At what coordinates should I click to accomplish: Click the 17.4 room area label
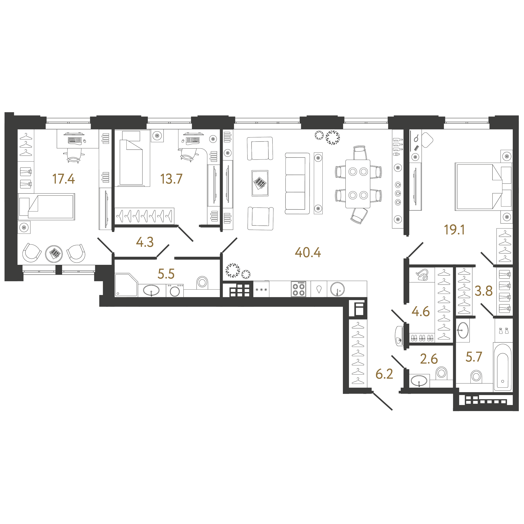click(63, 179)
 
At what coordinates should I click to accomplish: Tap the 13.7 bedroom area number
click(171, 179)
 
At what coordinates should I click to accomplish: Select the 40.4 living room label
click(308, 252)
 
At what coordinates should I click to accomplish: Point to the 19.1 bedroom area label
click(454, 230)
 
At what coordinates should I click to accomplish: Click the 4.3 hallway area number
click(145, 242)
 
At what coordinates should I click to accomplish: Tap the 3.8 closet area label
click(484, 291)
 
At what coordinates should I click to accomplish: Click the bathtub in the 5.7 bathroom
click(503, 367)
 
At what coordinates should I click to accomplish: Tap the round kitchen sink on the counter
click(337, 289)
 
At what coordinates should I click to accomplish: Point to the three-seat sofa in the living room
click(297, 184)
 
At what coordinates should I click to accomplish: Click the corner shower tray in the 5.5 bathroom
click(126, 285)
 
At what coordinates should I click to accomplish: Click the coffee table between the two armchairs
click(260, 183)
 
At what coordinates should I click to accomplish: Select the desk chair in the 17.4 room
click(74, 155)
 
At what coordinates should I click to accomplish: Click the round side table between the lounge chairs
click(54, 254)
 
